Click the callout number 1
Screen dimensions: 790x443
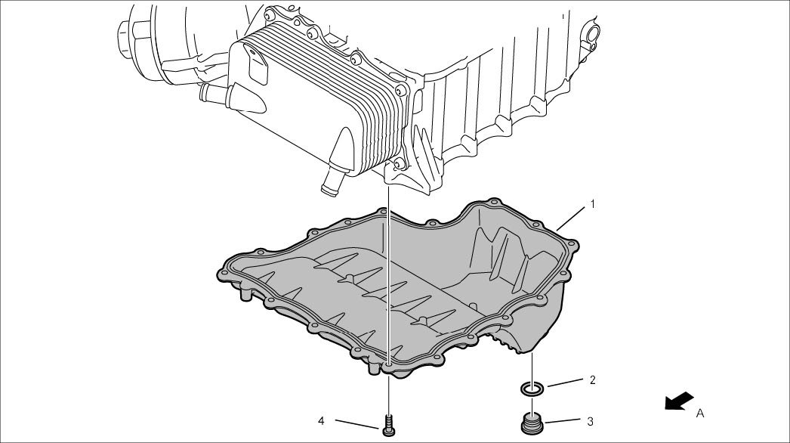pyautogui.click(x=593, y=204)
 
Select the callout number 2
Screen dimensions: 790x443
pyautogui.click(x=592, y=380)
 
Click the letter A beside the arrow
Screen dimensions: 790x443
pyautogui.click(x=700, y=413)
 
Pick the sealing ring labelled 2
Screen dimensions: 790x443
pyautogui.click(x=532, y=389)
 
